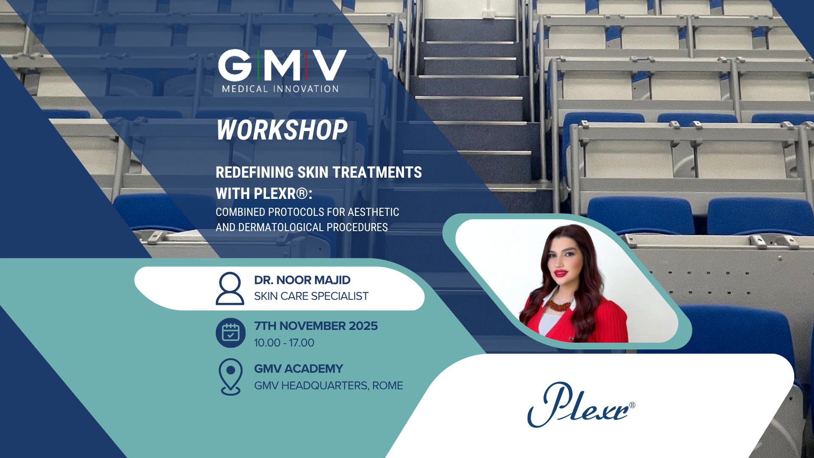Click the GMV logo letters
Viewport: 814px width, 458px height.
[x=282, y=65]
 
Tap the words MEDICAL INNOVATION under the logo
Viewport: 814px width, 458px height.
[x=280, y=89]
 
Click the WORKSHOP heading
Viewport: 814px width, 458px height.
[x=282, y=130]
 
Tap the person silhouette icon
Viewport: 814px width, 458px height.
[x=230, y=288]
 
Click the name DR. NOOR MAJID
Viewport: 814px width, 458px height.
[x=302, y=280]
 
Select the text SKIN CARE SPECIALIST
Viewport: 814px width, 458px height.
[x=311, y=296]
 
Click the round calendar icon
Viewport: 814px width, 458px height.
[x=231, y=333]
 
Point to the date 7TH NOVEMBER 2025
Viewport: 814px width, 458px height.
[x=316, y=326]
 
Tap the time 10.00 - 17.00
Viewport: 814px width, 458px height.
[x=284, y=343]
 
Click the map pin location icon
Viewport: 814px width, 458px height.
[x=231, y=377]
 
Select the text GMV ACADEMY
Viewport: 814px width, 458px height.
[x=298, y=369]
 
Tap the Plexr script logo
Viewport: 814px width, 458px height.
[x=581, y=405]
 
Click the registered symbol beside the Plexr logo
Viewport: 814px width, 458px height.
[x=632, y=405]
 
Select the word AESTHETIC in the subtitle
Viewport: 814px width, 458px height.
[x=374, y=212]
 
